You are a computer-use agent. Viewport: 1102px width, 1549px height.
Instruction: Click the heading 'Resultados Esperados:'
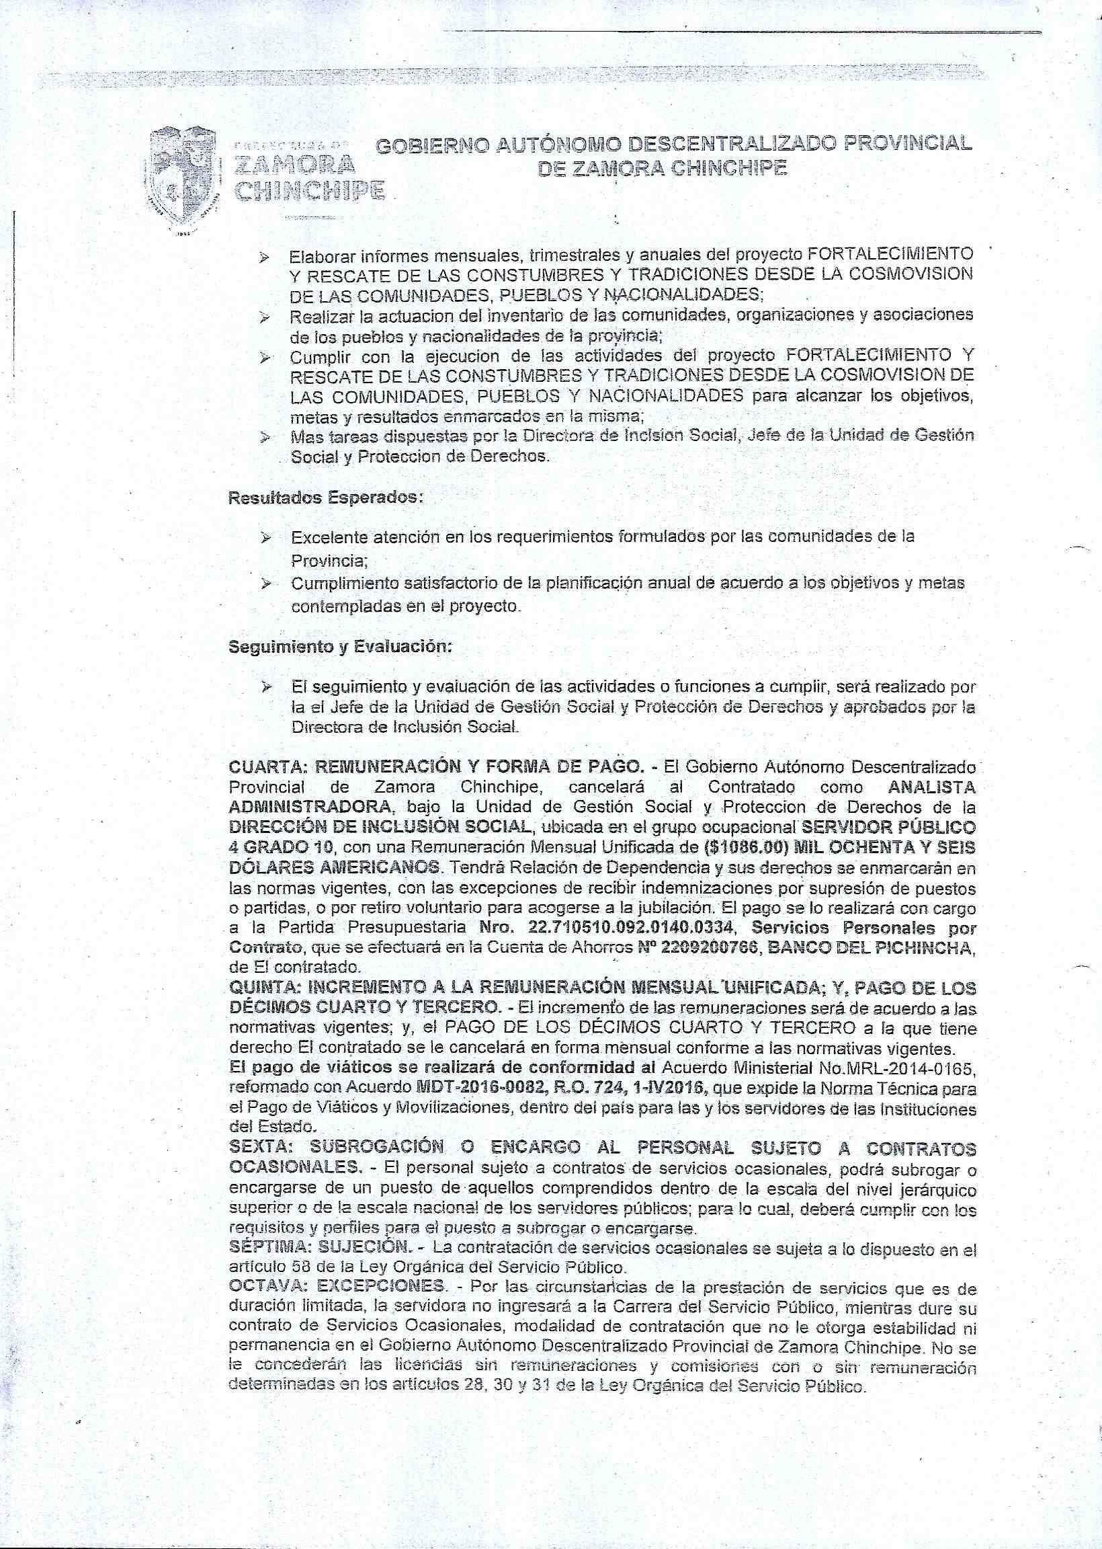(x=326, y=497)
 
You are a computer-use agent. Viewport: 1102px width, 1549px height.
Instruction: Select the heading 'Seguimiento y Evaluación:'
(x=340, y=646)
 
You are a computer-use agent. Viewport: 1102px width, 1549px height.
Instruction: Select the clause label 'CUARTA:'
(x=269, y=768)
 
